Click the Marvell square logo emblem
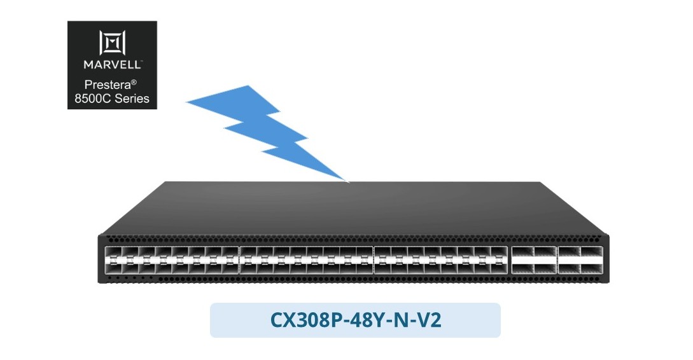(112, 43)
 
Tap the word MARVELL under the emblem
(112, 64)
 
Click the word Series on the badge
(130, 99)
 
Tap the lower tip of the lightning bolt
(349, 182)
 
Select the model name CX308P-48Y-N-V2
(356, 320)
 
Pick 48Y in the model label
(367, 320)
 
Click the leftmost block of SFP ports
(171, 260)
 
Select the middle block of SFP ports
(306, 260)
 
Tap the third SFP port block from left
(441, 260)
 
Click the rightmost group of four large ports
(580, 260)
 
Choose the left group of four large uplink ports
(534, 260)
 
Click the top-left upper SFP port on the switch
(113, 253)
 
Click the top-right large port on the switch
(592, 253)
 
